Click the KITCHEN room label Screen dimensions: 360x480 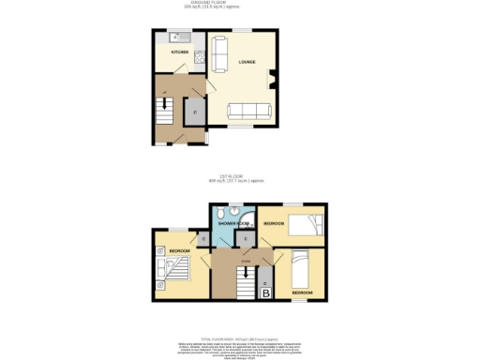point(178,52)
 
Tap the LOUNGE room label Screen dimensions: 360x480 point(247,63)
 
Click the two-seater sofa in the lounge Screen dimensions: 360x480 point(218,54)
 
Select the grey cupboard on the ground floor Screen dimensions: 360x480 point(194,112)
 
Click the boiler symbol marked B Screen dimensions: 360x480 point(265,293)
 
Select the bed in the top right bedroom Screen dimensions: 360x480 point(304,224)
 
